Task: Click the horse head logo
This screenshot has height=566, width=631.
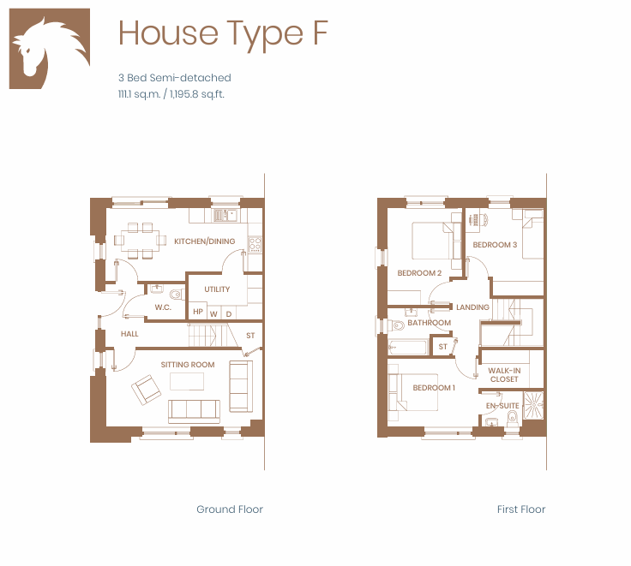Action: (50, 48)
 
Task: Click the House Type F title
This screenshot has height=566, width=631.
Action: (224, 34)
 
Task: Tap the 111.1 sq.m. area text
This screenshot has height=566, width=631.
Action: (139, 94)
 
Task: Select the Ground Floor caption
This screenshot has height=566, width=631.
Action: (230, 509)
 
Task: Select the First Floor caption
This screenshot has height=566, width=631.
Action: (521, 509)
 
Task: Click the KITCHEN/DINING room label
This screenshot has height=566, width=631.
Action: (204, 241)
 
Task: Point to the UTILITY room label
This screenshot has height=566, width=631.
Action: (217, 289)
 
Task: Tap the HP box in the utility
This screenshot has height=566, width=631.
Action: (197, 312)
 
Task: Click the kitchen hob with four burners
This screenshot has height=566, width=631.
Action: (255, 244)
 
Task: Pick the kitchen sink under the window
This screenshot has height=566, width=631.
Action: (225, 215)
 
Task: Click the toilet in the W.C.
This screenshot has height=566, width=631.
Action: (176, 295)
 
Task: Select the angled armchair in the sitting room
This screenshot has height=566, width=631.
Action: (146, 390)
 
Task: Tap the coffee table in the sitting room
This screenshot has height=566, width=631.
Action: (187, 382)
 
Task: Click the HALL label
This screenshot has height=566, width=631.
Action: (129, 334)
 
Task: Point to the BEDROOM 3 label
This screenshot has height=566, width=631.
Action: (495, 244)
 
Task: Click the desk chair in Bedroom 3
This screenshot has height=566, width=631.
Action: (484, 219)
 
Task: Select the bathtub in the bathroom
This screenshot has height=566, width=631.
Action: (407, 348)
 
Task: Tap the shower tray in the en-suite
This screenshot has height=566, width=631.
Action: (533, 405)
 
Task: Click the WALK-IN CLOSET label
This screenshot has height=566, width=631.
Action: (504, 375)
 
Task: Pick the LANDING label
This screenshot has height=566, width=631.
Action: (472, 307)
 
